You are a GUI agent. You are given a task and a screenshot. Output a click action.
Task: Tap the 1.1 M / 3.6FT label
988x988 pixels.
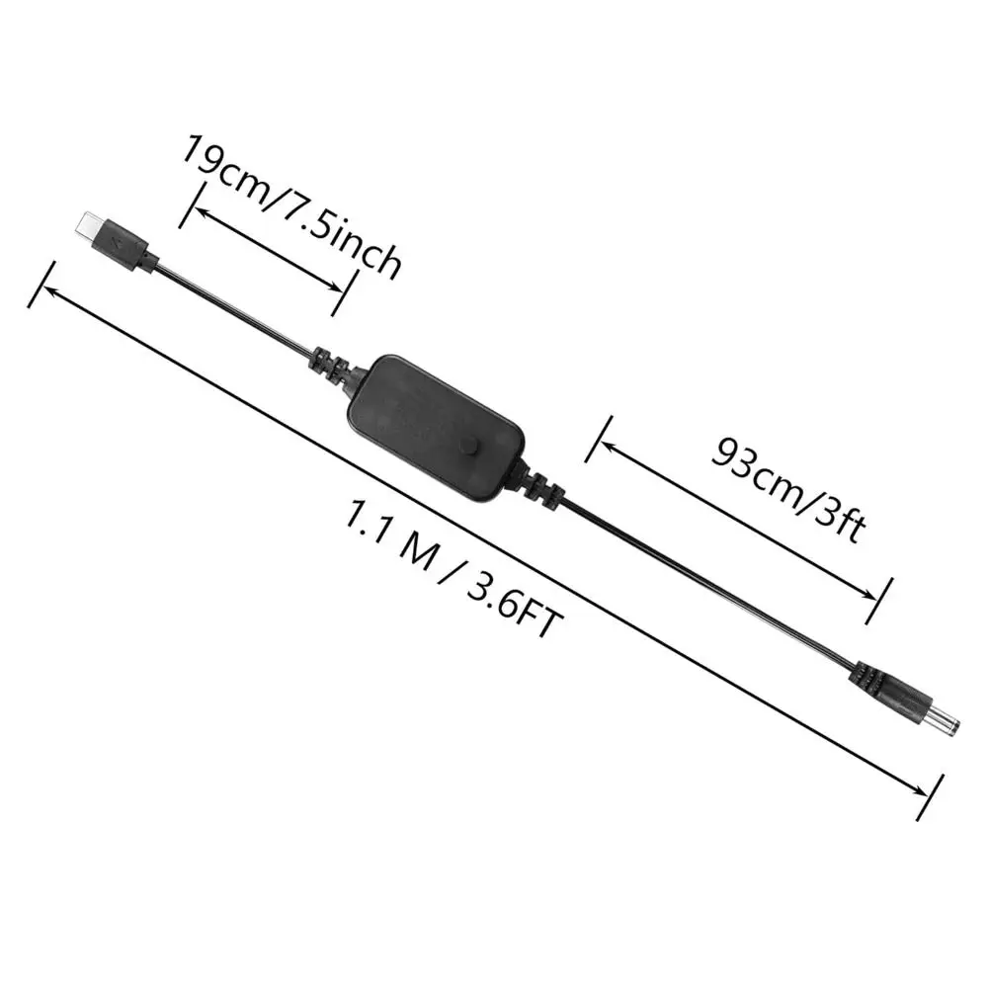pyautogui.click(x=453, y=568)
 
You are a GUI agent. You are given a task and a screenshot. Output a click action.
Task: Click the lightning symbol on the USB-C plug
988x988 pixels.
pyautogui.click(x=119, y=240)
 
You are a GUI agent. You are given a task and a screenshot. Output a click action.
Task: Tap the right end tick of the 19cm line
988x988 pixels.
pyautogui.click(x=343, y=292)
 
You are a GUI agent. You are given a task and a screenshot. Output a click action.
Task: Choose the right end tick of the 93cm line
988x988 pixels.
pyautogui.click(x=878, y=601)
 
